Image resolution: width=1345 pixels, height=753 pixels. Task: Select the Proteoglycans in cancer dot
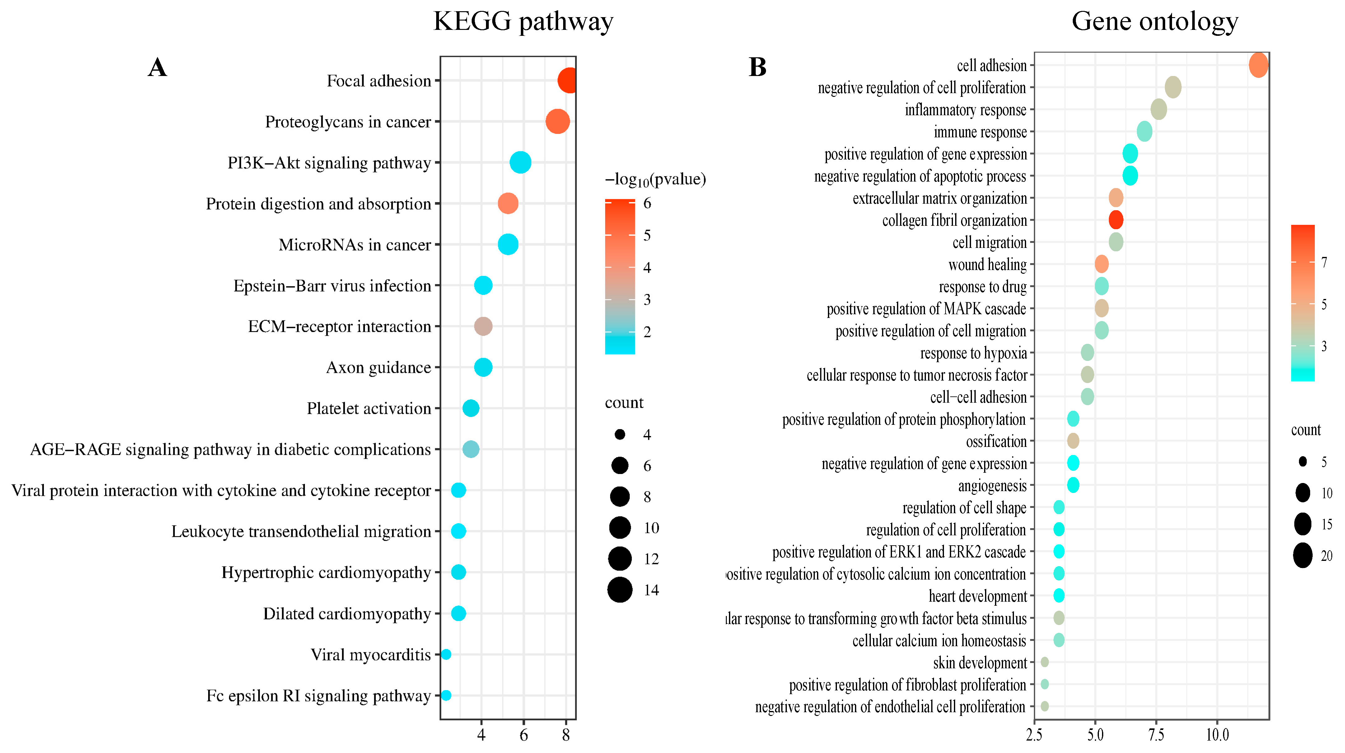click(x=557, y=122)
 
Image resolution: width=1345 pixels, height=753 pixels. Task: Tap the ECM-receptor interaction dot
click(x=483, y=327)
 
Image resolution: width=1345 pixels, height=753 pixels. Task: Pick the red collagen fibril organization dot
click(x=1115, y=220)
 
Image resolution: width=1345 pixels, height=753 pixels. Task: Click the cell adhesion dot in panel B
click(x=1258, y=65)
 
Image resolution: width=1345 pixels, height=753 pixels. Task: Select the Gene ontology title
click(x=1154, y=22)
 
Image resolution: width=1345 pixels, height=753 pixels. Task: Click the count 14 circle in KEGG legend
click(x=620, y=590)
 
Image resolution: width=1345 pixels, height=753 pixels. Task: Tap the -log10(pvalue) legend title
click(x=655, y=180)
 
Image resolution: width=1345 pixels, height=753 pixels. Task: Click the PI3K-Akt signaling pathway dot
click(x=520, y=163)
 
